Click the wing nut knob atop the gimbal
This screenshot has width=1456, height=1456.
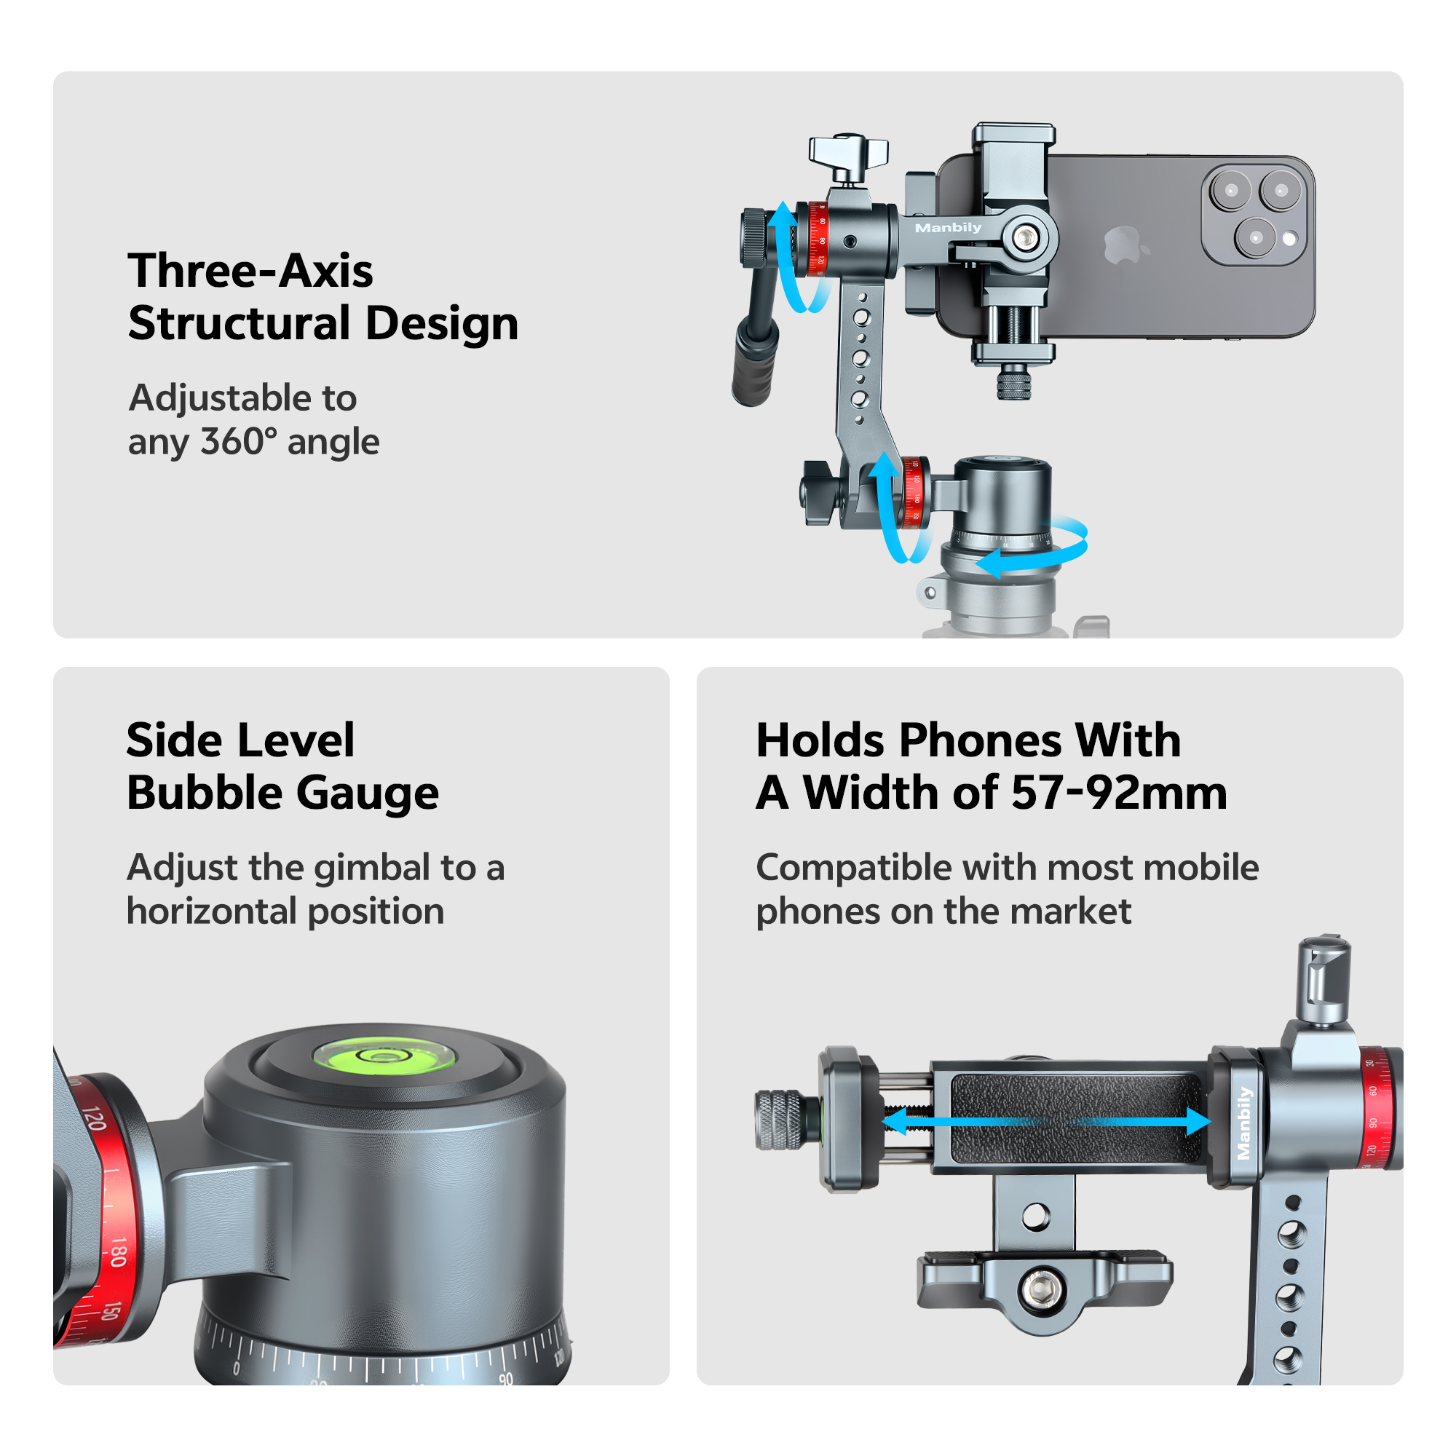[848, 151]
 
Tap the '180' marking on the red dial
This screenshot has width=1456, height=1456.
[116, 1251]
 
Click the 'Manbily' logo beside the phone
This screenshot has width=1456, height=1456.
[947, 228]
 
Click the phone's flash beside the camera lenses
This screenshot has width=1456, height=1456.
[1289, 240]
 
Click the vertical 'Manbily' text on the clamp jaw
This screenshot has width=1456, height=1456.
[1243, 1122]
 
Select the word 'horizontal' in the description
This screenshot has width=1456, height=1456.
[210, 911]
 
